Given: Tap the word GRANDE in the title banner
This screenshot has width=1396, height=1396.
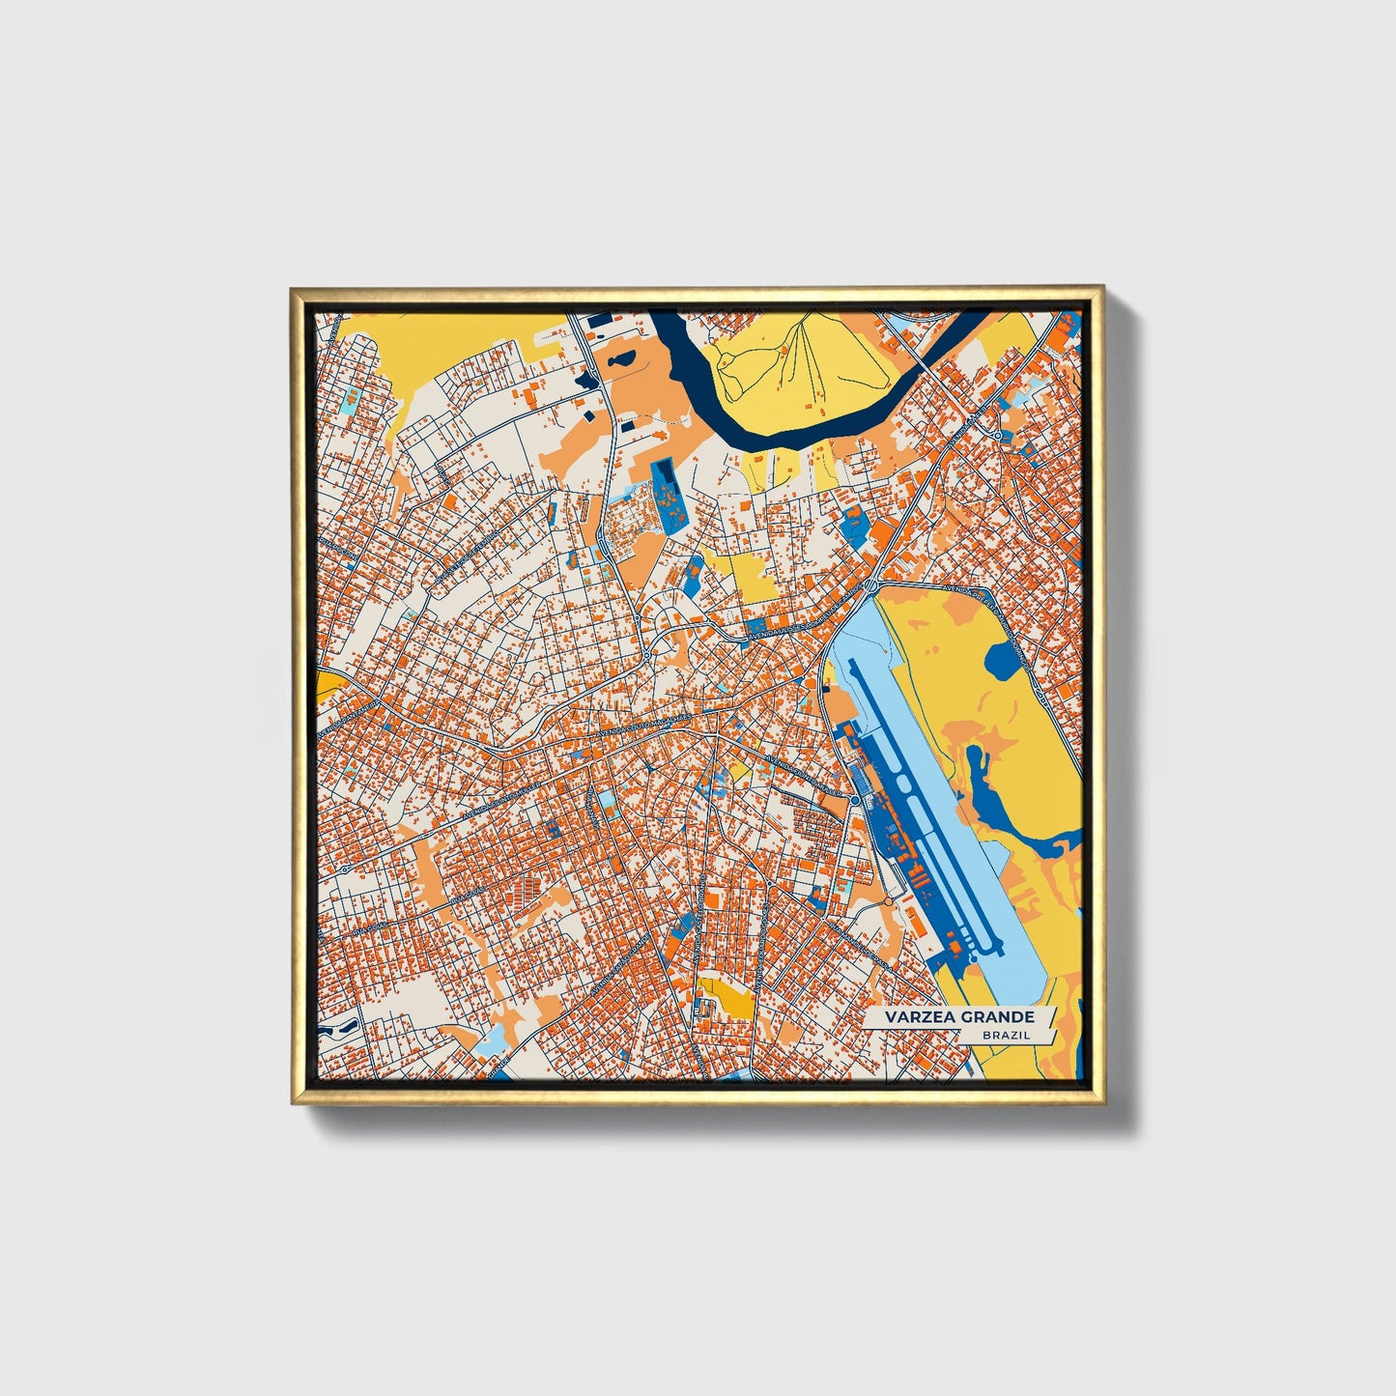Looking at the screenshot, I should coord(997,1017).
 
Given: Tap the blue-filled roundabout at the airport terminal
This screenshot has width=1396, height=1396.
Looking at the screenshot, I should coord(855,800).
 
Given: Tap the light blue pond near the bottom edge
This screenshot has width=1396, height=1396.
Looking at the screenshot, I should coord(494,1040).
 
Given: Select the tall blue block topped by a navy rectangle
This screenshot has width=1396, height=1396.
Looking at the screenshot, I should coord(665,493).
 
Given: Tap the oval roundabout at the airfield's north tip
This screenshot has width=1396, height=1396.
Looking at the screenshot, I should coord(871,585).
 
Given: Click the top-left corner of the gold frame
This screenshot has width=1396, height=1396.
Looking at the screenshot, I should coord(293,288).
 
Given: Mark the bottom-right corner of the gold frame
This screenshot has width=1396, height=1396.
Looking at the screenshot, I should coord(1101,1102).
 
